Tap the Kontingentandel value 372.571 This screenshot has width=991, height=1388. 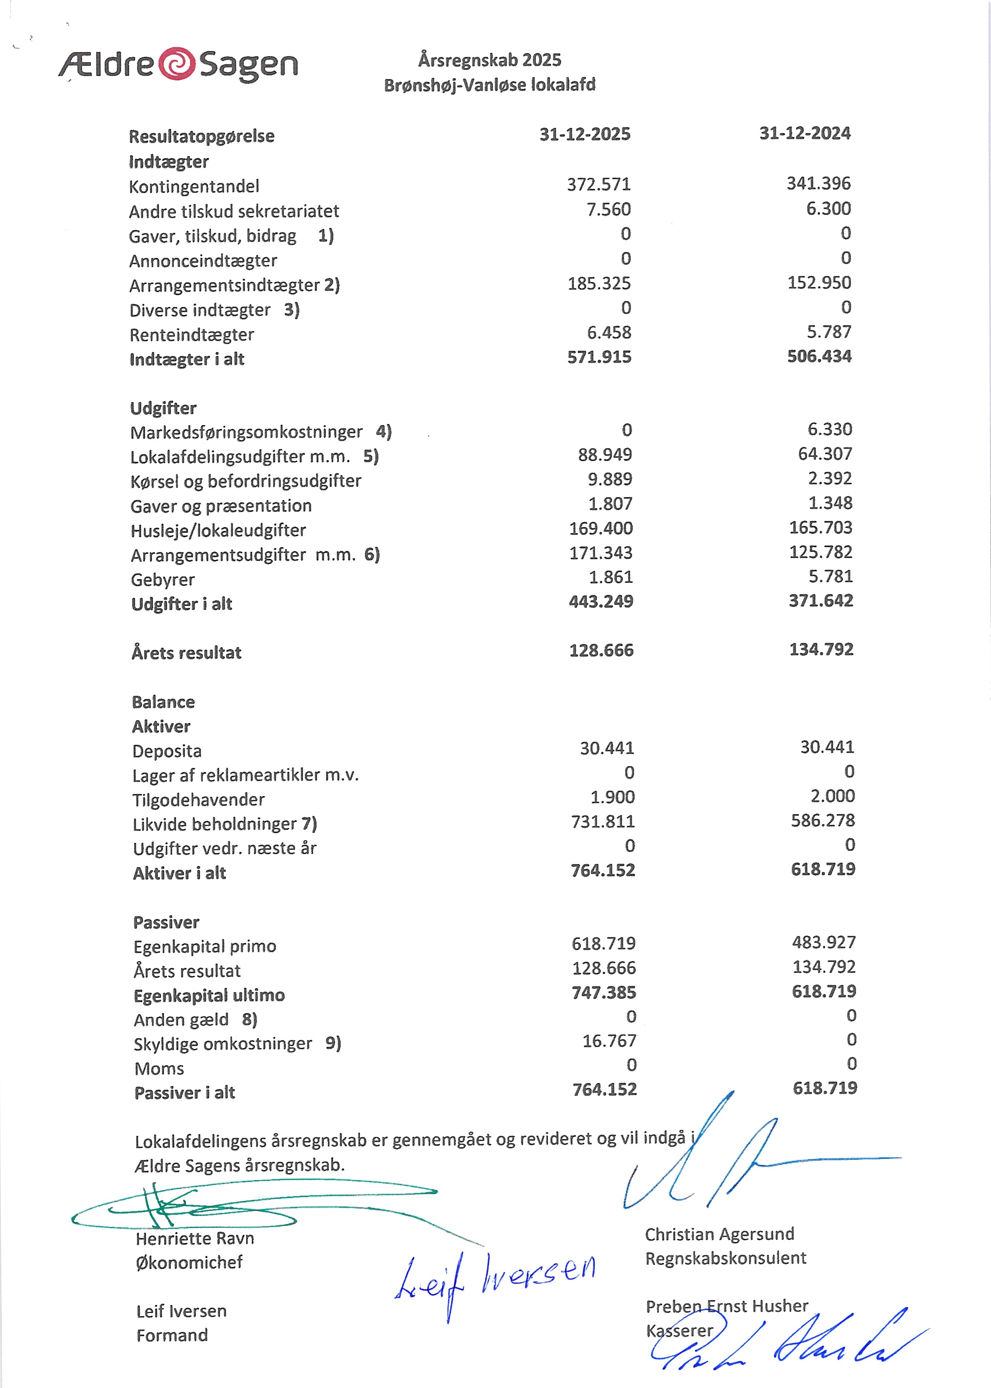(598, 184)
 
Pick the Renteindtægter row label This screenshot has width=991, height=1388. (192, 335)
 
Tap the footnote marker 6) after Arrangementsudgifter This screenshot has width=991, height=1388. (372, 554)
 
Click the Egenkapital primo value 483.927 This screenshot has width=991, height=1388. (824, 942)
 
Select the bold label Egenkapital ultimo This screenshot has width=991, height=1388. (209, 995)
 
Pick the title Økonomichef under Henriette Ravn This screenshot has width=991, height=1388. (189, 1262)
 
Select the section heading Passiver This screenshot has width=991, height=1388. (166, 922)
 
